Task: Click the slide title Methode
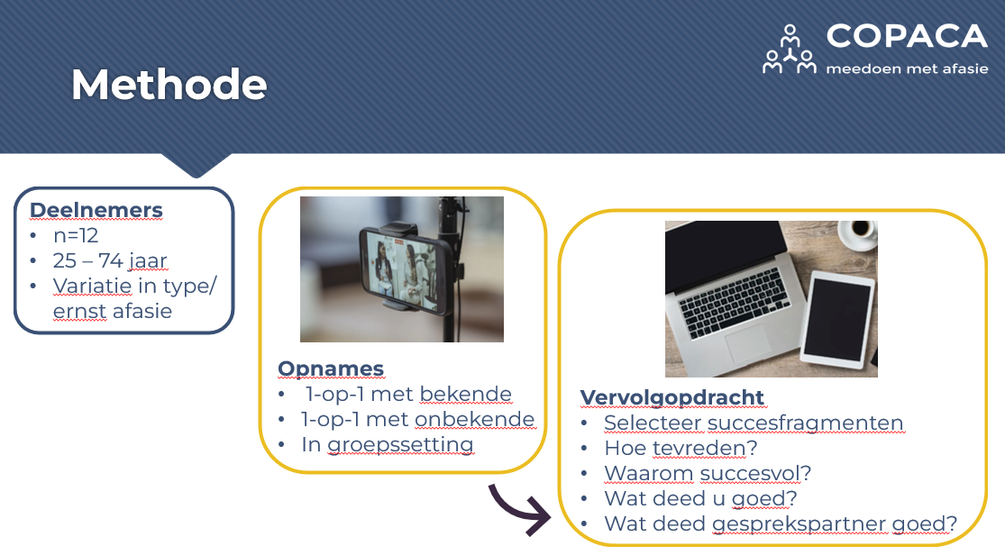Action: (x=169, y=85)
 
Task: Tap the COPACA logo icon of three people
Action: (x=789, y=50)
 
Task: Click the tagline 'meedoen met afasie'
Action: (x=907, y=68)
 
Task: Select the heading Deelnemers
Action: (x=96, y=210)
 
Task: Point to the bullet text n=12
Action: (x=76, y=236)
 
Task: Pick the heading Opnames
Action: (x=331, y=368)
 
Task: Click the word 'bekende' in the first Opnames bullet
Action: (x=465, y=394)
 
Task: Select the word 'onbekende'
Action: (x=475, y=419)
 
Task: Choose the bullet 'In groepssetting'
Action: (x=388, y=444)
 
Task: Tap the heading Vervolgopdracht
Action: (x=672, y=397)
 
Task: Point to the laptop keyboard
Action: (x=734, y=303)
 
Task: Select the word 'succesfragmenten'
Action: (x=805, y=423)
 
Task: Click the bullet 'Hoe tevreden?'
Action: (x=681, y=448)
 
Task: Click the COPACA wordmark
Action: (x=907, y=36)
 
